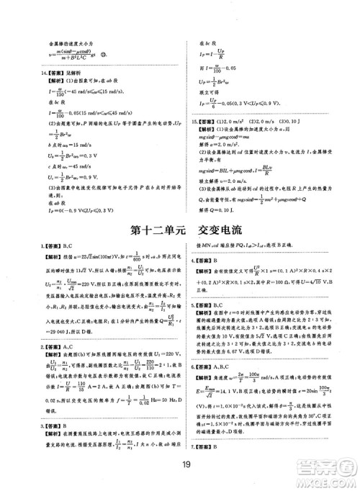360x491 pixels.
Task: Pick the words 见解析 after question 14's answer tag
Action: pos(71,73)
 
